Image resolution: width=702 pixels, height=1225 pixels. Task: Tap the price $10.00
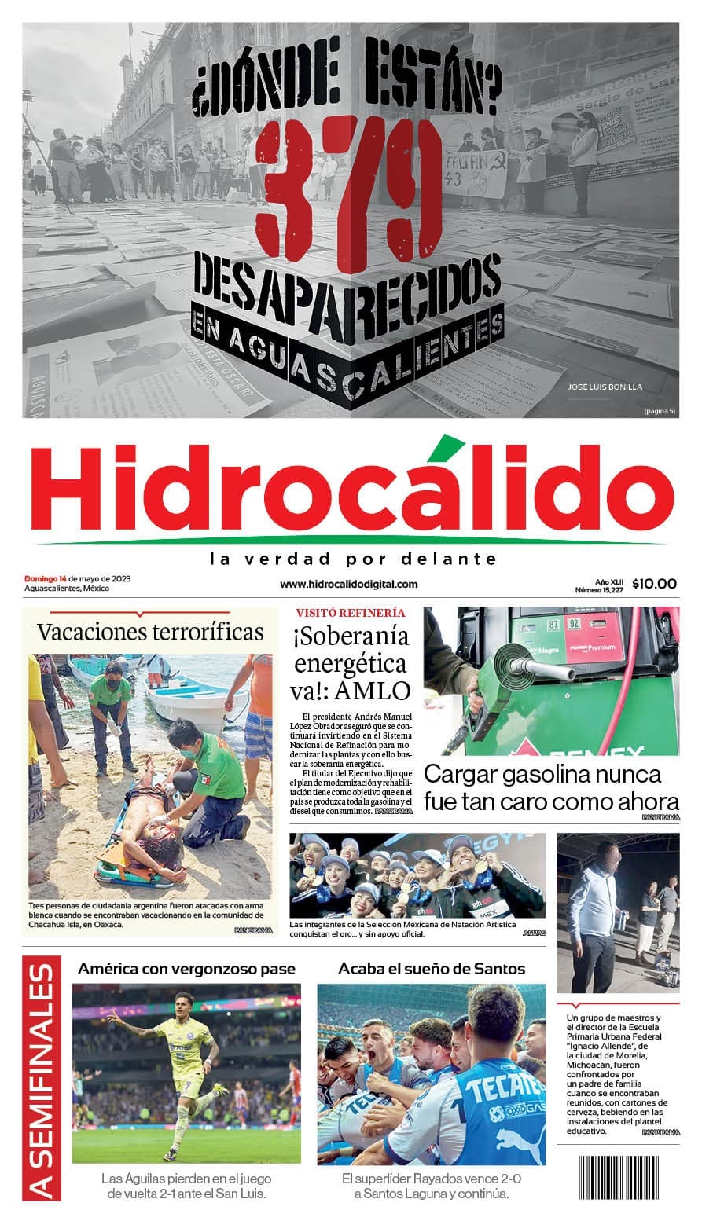653,583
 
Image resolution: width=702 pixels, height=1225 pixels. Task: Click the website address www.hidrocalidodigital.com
349,584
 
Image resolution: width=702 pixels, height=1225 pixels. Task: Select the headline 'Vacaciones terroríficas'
150,631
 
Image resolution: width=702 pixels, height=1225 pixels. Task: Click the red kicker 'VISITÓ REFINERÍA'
351,612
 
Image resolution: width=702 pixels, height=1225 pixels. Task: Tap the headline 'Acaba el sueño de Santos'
432,968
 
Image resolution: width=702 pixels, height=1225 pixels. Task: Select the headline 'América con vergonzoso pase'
186,968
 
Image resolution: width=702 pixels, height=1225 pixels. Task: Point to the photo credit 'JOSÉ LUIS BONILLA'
605,387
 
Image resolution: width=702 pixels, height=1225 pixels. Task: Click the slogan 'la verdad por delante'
353,559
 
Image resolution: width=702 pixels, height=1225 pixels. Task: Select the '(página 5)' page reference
659,411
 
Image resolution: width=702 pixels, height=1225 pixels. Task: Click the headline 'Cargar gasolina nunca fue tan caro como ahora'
550,787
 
